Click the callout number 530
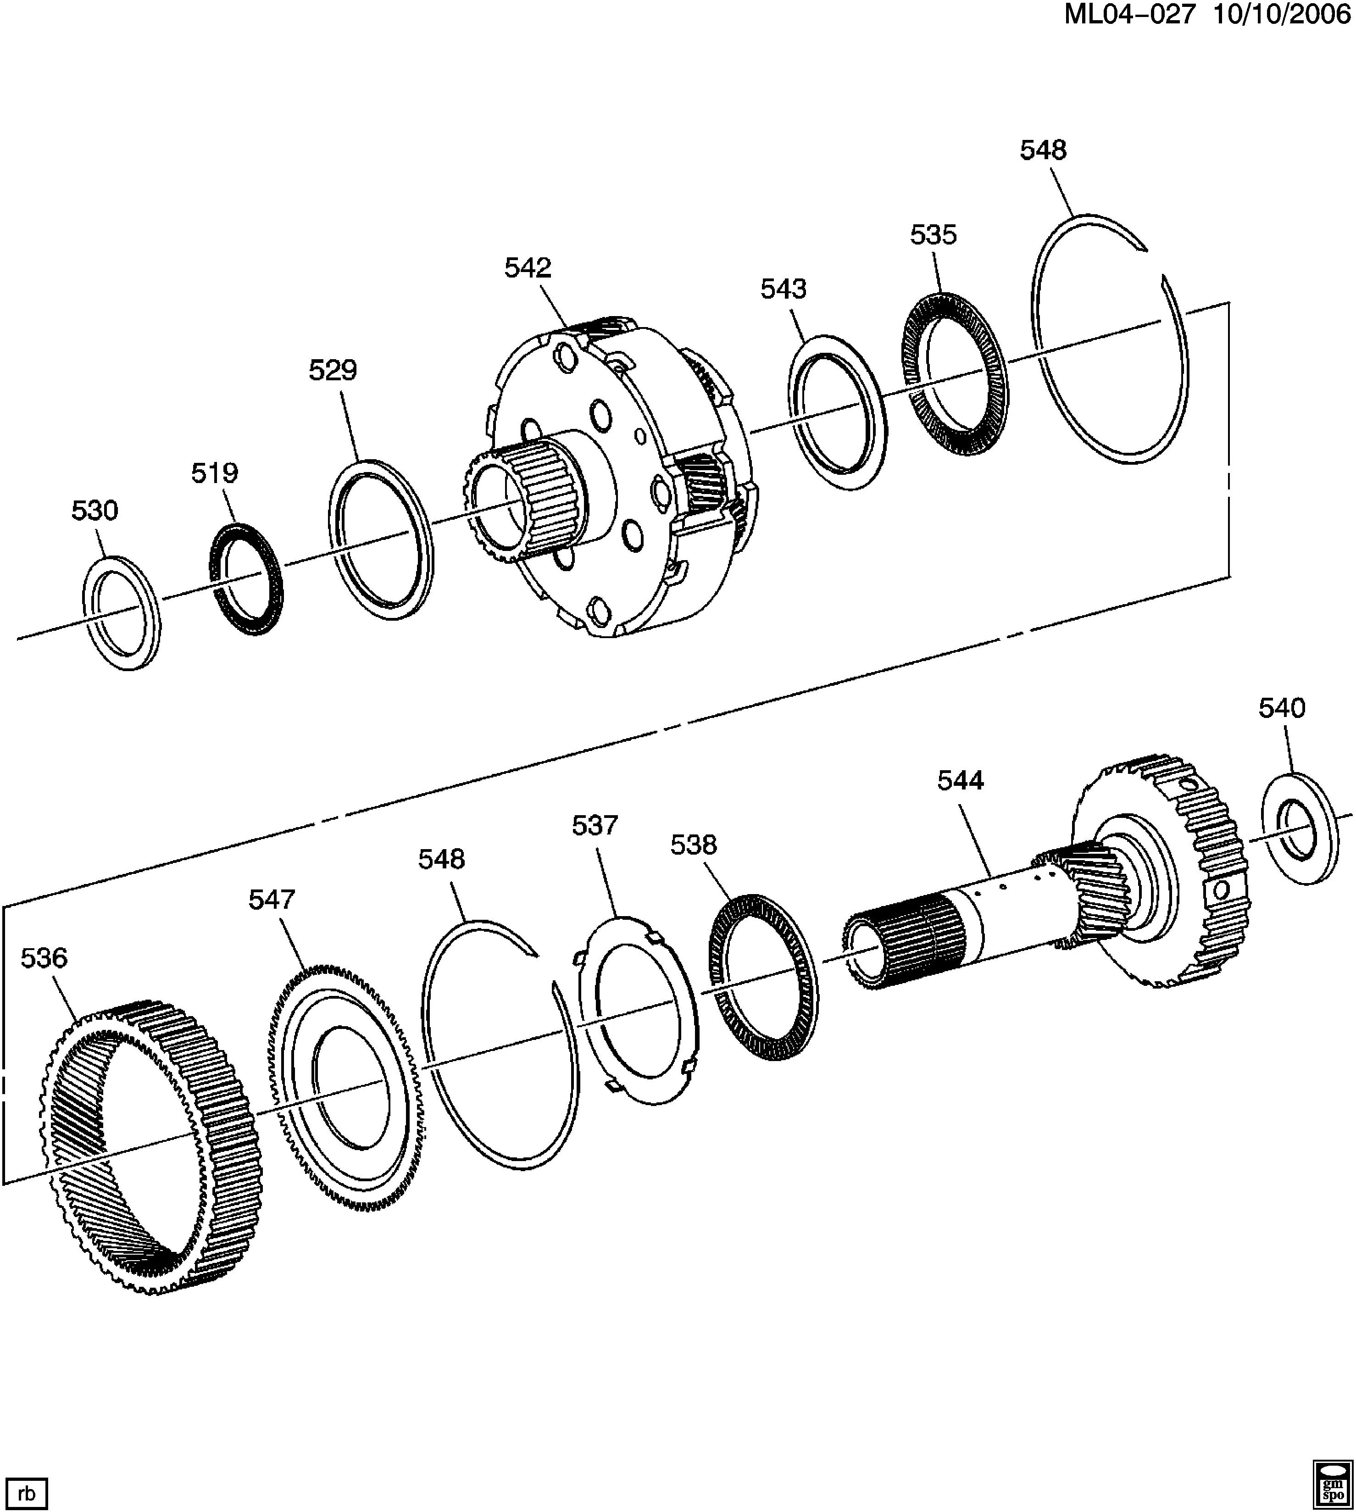click(94, 511)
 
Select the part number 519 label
click(215, 472)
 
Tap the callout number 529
click(333, 370)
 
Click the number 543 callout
click(784, 289)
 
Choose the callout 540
click(1282, 708)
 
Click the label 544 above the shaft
click(961, 780)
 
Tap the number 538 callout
click(694, 845)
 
